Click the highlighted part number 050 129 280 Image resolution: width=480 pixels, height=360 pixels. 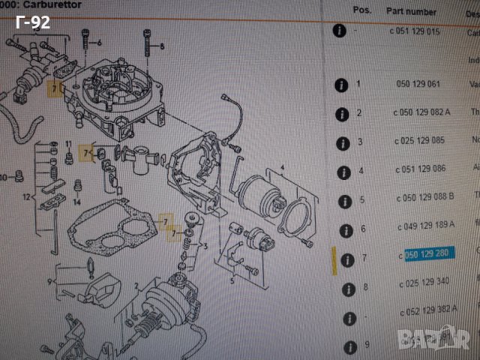[426, 254]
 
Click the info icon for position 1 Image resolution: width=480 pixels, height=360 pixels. [342, 85]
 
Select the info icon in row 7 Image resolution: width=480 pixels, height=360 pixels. [346, 259]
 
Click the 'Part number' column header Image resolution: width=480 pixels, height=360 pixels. [410, 12]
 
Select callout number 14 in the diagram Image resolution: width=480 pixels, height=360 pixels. [76, 202]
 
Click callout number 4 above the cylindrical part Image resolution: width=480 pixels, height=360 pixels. [282, 166]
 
